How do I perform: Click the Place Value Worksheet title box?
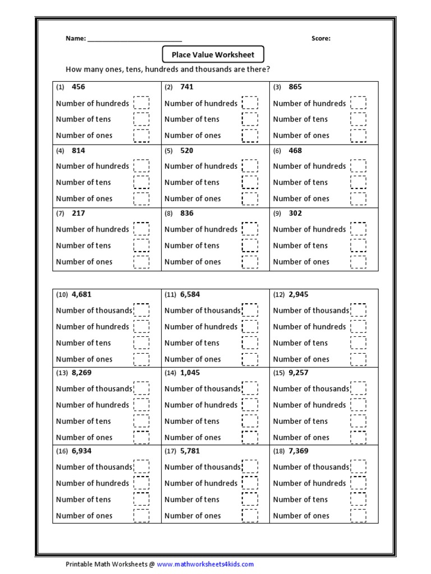pos(213,54)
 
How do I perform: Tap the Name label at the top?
pos(75,39)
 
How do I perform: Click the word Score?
pos(320,39)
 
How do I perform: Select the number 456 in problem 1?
pos(79,87)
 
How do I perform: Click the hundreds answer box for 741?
pos(250,103)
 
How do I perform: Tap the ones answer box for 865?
pos(358,135)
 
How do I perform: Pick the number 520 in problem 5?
pos(187,150)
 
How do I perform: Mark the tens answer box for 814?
pos(141,182)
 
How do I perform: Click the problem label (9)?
pos(277,214)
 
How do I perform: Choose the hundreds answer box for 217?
pos(141,229)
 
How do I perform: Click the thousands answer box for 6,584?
pos(250,311)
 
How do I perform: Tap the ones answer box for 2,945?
pos(358,359)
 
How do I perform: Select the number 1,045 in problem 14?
pos(190,372)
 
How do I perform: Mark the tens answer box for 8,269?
pos(141,421)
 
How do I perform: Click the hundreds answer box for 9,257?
pos(358,405)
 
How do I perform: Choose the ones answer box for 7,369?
pos(358,516)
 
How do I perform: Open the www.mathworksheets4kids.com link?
pos(205,564)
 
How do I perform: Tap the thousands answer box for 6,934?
pos(141,467)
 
